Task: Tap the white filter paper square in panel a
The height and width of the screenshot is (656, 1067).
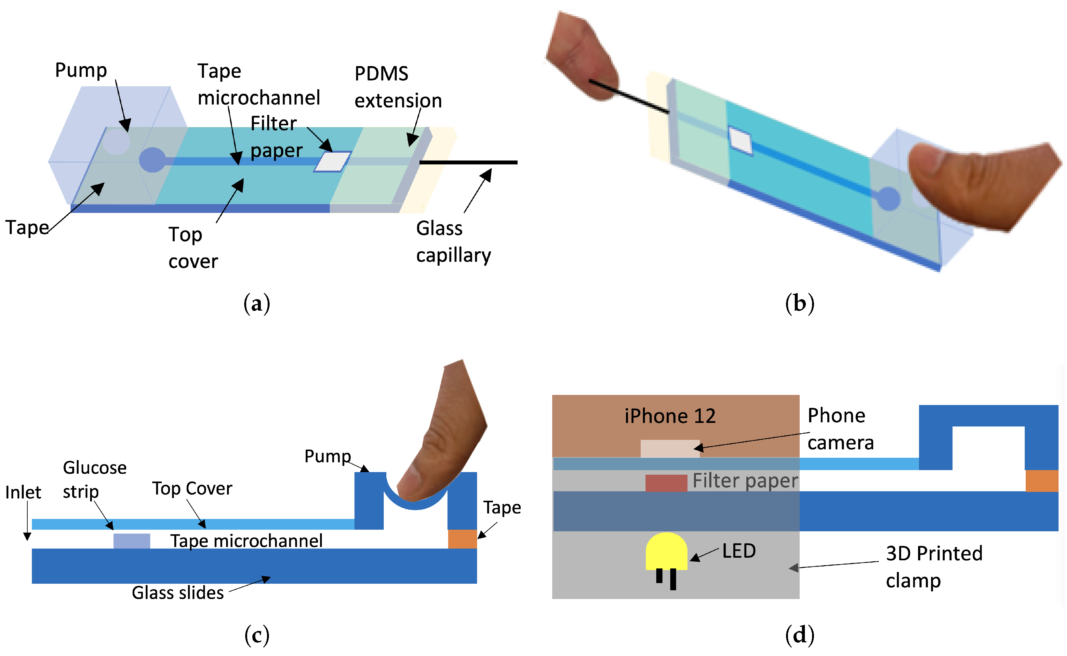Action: pos(332,162)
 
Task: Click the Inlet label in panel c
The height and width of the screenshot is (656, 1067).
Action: pos(23,493)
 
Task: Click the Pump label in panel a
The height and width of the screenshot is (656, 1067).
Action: pos(81,70)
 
